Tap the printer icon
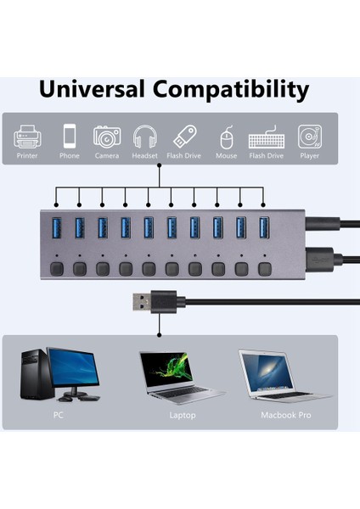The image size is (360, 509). pos(27,137)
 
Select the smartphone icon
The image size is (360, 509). pos(70,137)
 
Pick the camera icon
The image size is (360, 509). pos(107,137)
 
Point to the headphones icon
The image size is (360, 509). pos(145,137)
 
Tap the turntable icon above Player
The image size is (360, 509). pos(309,137)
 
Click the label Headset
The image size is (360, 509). pos(145,156)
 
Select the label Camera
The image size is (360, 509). pos(107,156)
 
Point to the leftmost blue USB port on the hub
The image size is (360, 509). pos(57,227)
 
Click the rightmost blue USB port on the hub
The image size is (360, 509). pos(263,227)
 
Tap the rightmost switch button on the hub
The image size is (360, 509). pos(265,269)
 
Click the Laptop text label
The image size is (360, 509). pos(182,416)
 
